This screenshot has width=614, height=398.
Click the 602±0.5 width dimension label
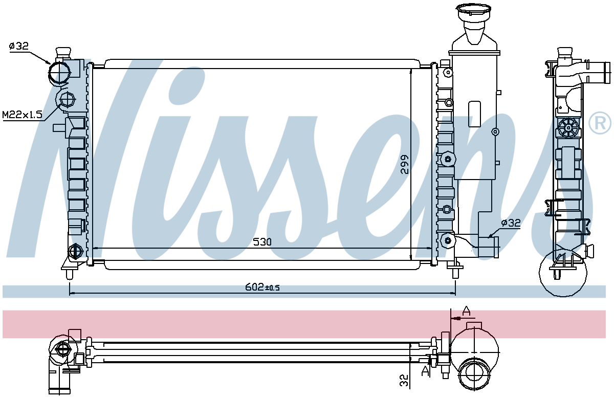coord(262,288)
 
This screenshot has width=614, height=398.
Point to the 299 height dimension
coord(405,165)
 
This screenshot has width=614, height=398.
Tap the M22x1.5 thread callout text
coord(21,115)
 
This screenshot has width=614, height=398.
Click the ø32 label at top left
coord(18,47)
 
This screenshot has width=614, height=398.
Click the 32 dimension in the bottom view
coord(404,380)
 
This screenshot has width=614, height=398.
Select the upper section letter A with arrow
coord(466,311)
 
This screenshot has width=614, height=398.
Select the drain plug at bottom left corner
coord(75,251)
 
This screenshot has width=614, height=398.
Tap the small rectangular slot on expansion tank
coord(474,110)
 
